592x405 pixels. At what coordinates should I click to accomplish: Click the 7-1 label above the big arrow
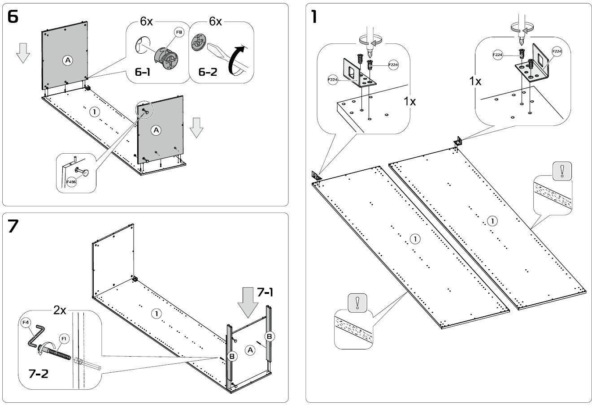click(x=265, y=292)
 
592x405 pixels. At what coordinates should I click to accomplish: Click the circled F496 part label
click(x=71, y=182)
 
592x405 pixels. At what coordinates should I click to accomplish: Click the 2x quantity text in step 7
click(x=60, y=311)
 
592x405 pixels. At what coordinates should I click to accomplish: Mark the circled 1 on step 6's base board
click(x=94, y=112)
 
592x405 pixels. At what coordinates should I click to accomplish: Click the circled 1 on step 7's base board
click(x=156, y=314)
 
